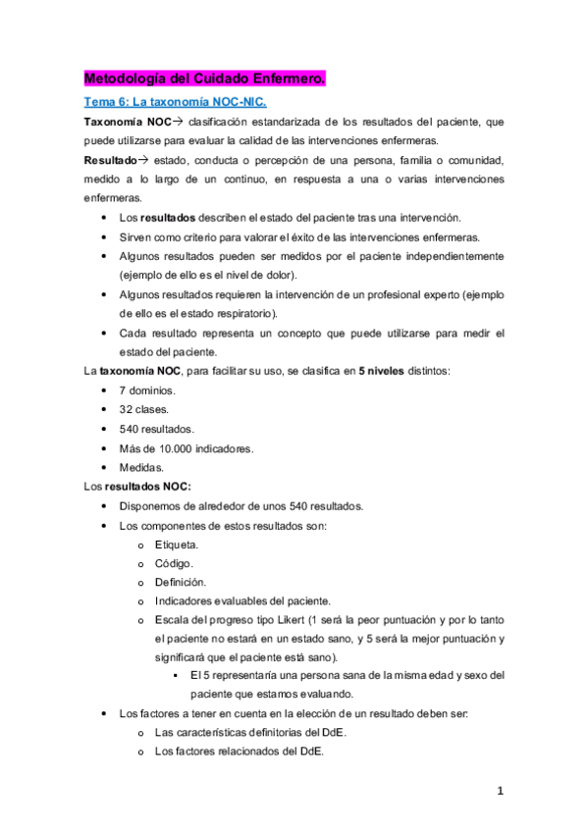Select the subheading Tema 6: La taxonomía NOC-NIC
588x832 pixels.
click(x=174, y=102)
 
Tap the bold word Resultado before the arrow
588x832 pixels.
click(x=108, y=160)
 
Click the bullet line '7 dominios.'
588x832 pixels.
click(x=147, y=391)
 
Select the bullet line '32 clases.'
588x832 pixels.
click(x=144, y=410)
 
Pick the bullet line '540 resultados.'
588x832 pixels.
click(x=156, y=429)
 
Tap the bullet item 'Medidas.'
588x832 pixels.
click(x=142, y=467)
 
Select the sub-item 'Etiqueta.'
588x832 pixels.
click(x=177, y=544)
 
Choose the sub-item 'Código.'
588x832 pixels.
click(x=174, y=563)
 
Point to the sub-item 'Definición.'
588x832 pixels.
click(x=181, y=582)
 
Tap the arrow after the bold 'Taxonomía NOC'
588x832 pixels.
click(x=178, y=122)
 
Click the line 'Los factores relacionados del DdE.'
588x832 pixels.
click(x=239, y=753)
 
